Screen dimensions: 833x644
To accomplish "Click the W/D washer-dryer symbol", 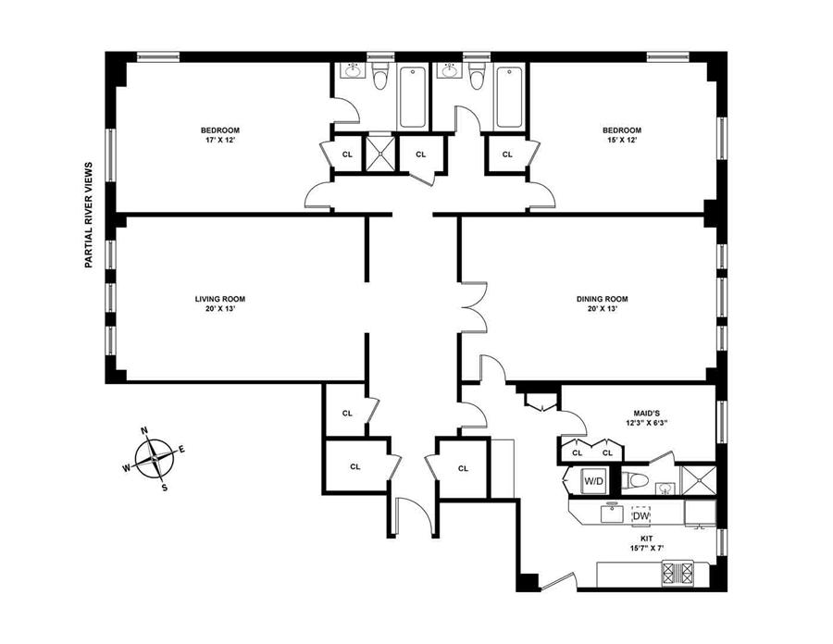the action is [x=593, y=481].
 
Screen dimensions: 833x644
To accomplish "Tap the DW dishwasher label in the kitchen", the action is [x=640, y=515].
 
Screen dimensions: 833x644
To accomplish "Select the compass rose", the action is [x=154, y=458].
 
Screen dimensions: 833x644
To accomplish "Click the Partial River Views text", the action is [x=88, y=215].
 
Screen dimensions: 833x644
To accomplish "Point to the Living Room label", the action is [x=220, y=299].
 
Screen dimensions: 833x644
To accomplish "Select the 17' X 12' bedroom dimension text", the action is [x=220, y=141].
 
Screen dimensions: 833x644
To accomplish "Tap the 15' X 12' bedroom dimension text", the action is [x=622, y=141].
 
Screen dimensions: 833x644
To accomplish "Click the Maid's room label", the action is [x=647, y=413].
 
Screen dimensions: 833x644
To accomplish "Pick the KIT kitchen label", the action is [x=647, y=539].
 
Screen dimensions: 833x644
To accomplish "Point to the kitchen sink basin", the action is [x=613, y=513].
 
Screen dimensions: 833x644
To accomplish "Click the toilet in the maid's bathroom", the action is [x=635, y=480].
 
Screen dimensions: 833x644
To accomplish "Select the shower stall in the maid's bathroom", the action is [x=698, y=480].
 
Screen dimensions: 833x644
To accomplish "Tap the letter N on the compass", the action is [x=143, y=430].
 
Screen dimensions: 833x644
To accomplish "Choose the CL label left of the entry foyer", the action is [x=354, y=466].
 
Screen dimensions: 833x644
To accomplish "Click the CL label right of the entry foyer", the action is [x=464, y=468].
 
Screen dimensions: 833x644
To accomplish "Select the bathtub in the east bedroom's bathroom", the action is [x=509, y=97].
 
